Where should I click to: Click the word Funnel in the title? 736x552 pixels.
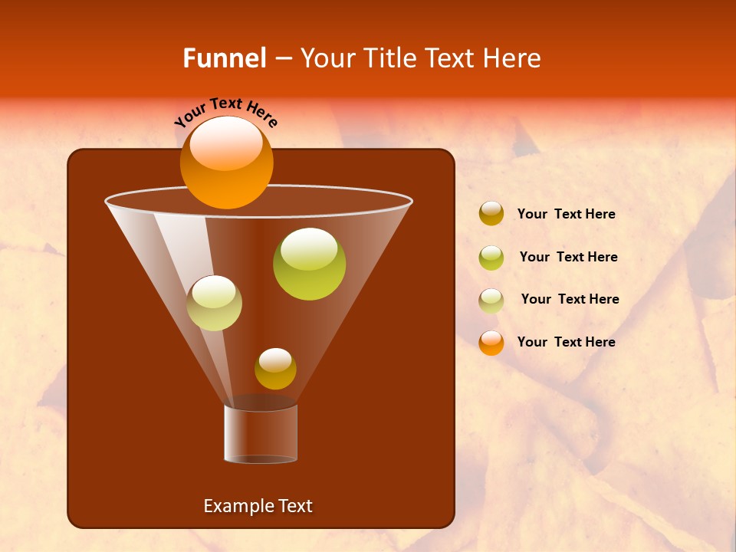tap(224, 58)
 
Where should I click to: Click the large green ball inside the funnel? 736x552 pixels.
tap(309, 264)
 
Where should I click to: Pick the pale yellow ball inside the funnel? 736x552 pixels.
tap(214, 303)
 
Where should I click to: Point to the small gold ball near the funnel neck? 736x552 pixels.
tap(275, 369)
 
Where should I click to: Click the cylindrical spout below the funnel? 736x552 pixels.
tap(261, 434)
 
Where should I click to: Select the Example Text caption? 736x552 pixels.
tap(258, 506)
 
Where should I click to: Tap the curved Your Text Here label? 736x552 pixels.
tap(226, 112)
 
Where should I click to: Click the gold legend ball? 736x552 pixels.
tap(491, 214)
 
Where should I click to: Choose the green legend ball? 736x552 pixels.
tap(491, 258)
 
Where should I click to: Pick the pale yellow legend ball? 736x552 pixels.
tap(491, 301)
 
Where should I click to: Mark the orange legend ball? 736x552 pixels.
tap(491, 343)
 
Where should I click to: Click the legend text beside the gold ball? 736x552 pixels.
tap(566, 215)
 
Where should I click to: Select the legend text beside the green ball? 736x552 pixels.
tap(568, 258)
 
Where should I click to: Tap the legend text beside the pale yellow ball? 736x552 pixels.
tap(570, 300)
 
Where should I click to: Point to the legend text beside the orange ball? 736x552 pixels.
tap(566, 342)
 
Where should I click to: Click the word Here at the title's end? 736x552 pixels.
tap(513, 58)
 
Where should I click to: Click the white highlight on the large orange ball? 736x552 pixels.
tap(226, 143)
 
